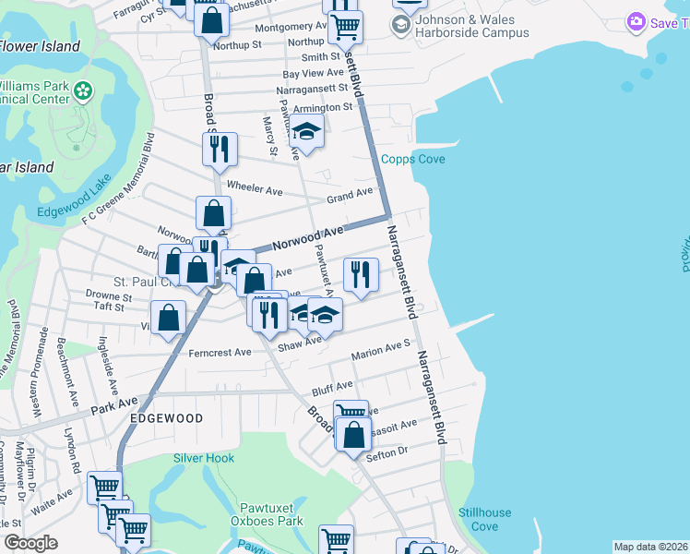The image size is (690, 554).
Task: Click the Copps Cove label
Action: pyautogui.click(x=413, y=160)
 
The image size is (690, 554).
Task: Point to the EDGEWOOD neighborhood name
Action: pyautogui.click(x=167, y=418)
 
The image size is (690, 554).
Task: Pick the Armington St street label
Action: pyautogui.click(x=323, y=107)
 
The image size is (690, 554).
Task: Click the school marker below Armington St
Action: pyautogui.click(x=306, y=133)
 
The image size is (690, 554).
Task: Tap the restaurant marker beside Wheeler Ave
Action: pyautogui.click(x=220, y=149)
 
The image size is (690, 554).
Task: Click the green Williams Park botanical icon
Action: pyautogui.click(x=83, y=90)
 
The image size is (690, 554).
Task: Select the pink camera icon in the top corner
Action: pyautogui.click(x=635, y=21)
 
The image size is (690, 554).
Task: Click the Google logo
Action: pyautogui.click(x=30, y=543)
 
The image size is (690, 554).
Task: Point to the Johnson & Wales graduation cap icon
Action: pyautogui.click(x=400, y=24)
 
